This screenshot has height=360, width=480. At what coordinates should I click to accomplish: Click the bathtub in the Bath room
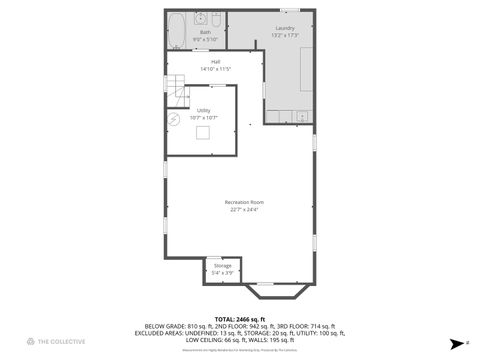(x=176, y=30)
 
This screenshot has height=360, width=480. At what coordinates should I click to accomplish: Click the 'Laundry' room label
(x=284, y=27)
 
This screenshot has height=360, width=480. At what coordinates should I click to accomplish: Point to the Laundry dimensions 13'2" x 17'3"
(x=284, y=35)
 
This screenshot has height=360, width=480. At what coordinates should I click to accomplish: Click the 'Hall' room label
(x=215, y=62)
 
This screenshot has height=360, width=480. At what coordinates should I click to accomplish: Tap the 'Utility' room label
(x=203, y=110)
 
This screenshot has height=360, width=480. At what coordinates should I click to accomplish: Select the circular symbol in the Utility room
(x=174, y=119)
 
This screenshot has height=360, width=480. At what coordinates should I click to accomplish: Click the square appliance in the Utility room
(x=203, y=132)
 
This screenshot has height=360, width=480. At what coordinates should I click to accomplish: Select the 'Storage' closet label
(x=222, y=265)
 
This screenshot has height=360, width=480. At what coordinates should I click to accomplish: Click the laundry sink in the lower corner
(x=301, y=116)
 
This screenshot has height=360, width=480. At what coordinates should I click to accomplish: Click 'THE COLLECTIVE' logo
(x=56, y=342)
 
